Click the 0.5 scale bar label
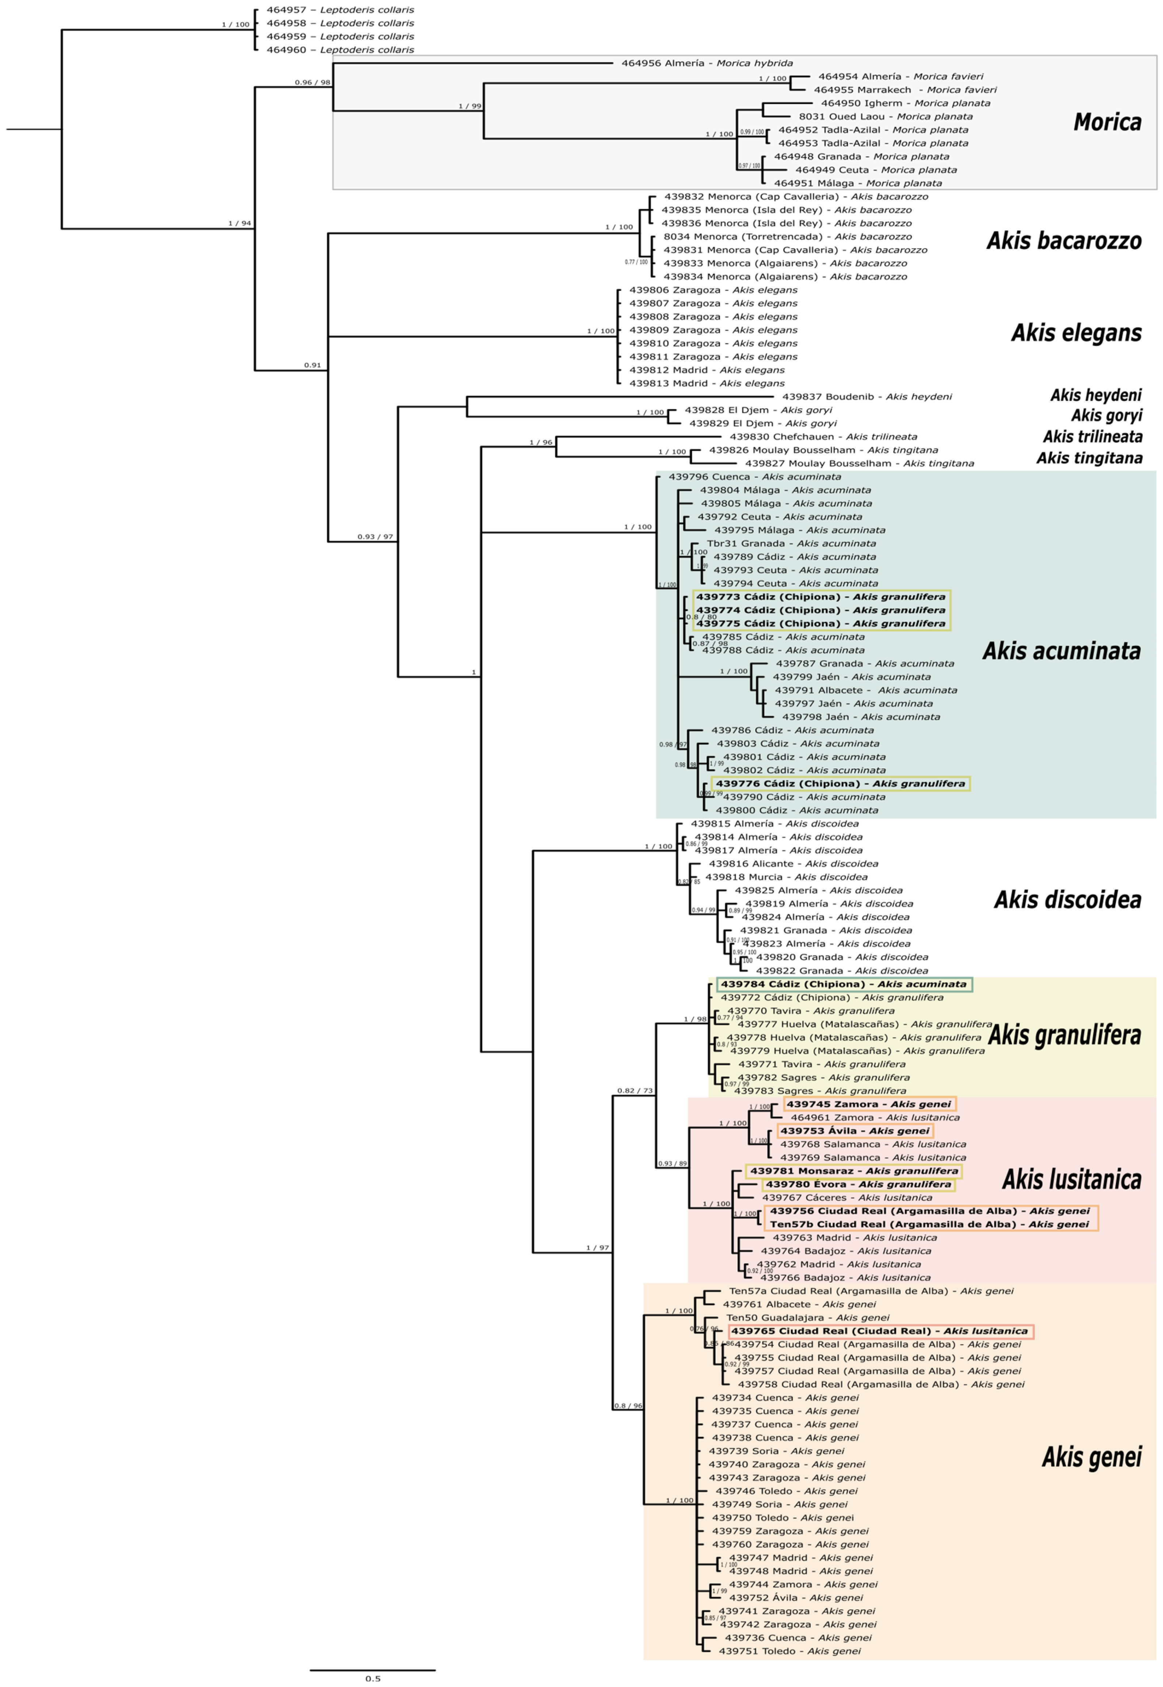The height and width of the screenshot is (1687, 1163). coord(372,1678)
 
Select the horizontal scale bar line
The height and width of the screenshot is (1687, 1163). coord(372,1669)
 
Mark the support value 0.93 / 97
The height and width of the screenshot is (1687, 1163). coord(375,537)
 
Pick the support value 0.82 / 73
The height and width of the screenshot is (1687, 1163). coord(635,1091)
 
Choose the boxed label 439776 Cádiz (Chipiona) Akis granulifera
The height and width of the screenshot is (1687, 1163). coord(840,784)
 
